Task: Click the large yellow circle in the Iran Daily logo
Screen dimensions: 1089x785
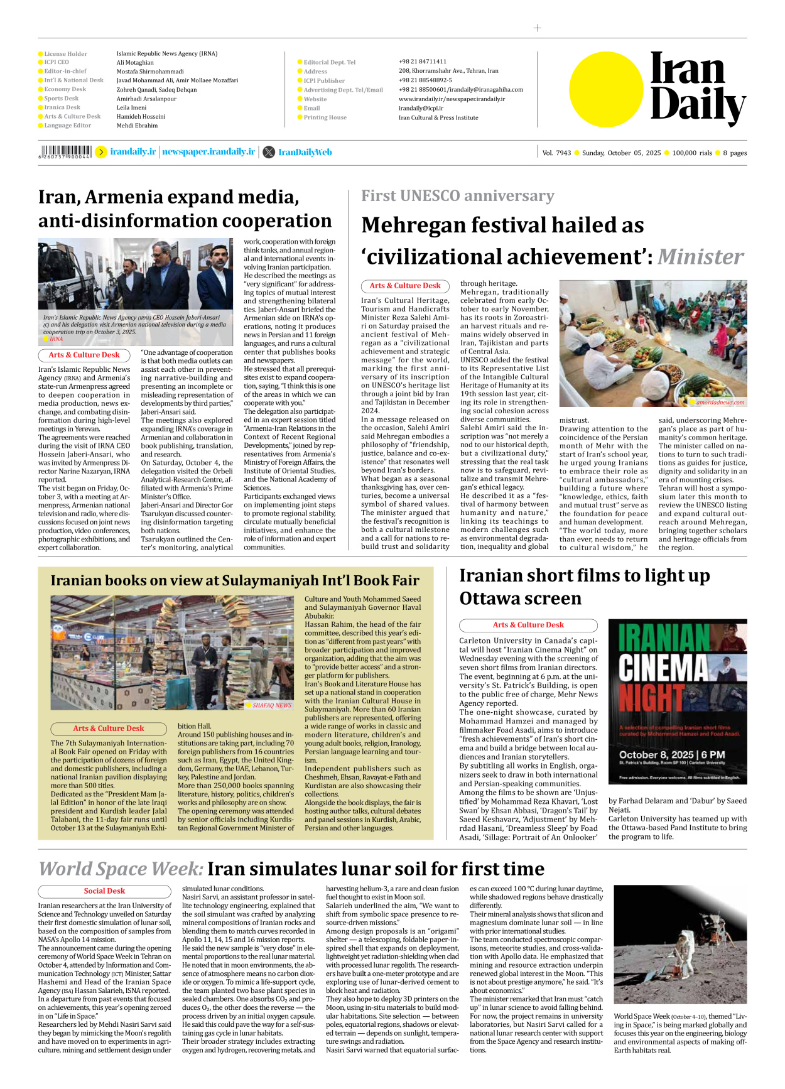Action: (x=606, y=89)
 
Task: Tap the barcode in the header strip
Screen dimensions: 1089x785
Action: (x=65, y=151)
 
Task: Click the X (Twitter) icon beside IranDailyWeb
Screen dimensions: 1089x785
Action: (x=269, y=152)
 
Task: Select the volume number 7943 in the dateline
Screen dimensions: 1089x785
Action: (x=563, y=153)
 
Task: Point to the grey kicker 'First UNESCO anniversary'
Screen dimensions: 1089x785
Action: (x=457, y=196)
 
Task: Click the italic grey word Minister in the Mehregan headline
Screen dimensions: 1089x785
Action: (x=700, y=256)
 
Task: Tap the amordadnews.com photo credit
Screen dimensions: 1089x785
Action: (x=720, y=402)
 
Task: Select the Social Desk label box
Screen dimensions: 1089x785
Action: (x=104, y=891)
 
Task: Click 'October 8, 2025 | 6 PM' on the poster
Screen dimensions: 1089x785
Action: (x=671, y=754)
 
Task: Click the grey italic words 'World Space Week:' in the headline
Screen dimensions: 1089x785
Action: (x=121, y=869)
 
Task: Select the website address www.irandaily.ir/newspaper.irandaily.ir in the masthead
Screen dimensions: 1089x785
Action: (x=452, y=99)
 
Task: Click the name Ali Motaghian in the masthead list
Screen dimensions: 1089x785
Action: (x=135, y=62)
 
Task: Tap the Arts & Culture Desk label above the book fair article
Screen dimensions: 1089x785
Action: (x=108, y=729)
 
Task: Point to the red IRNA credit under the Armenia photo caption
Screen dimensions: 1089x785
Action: (x=56, y=339)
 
